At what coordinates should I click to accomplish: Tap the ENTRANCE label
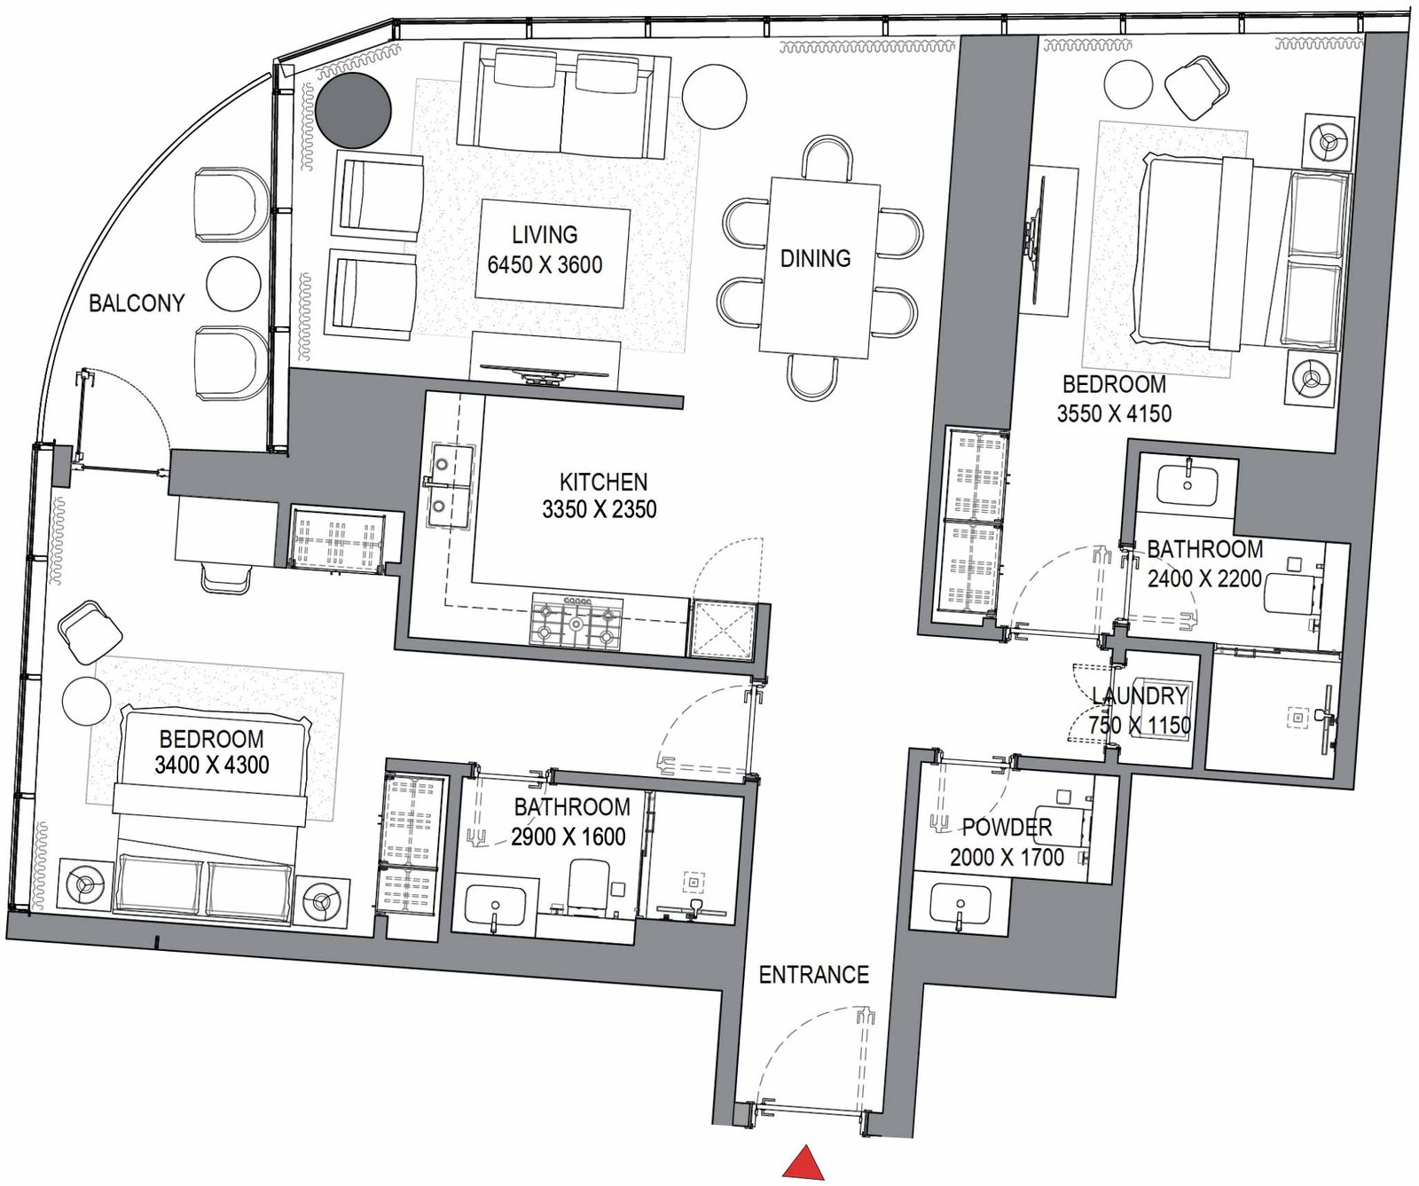pos(813,975)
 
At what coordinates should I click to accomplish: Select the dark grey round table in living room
pos(354,110)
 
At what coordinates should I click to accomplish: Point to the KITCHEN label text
pos(603,482)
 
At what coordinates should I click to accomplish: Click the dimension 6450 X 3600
pos(545,265)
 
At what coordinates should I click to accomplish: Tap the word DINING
pos(815,258)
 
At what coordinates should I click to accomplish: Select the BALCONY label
pos(137,303)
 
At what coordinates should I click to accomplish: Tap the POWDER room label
pos(1007,828)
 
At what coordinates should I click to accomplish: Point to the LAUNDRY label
pos(1140,695)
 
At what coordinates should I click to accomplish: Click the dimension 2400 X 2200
pos(1204,579)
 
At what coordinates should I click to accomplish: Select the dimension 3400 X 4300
pos(212,765)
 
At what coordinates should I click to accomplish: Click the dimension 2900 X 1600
pos(568,836)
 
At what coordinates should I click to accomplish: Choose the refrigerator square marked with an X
pos(723,629)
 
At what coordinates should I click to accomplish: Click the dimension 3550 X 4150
pos(1114,413)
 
